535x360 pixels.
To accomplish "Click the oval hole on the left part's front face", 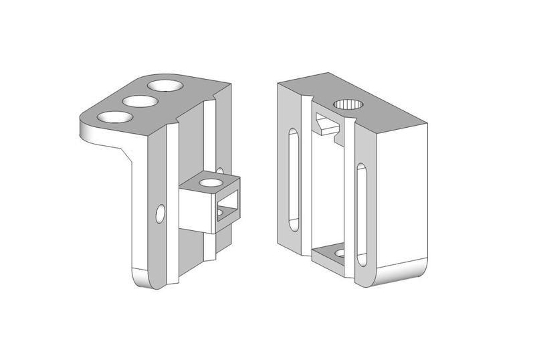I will (x=160, y=213).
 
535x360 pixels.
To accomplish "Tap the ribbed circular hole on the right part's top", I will (x=348, y=104).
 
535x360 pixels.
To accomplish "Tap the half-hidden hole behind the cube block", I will (x=220, y=171).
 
